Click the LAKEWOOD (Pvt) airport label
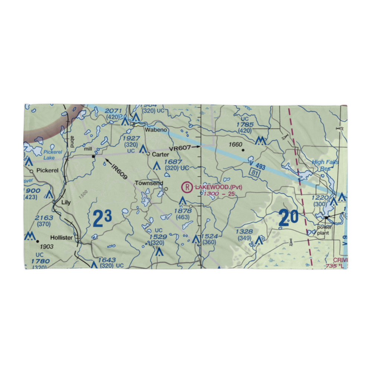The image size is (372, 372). (x=218, y=187)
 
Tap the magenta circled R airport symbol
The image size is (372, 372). (x=187, y=187)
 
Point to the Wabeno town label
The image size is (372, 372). (x=156, y=130)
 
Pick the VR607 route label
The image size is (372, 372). (x=180, y=148)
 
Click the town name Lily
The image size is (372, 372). (x=66, y=202)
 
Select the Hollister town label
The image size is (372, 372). (x=62, y=237)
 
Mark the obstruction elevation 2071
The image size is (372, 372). (x=113, y=111)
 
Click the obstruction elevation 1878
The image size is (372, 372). (x=183, y=211)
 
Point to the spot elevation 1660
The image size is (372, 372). (x=235, y=145)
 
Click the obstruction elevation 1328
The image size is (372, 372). (x=244, y=231)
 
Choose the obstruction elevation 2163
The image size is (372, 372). (x=44, y=218)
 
